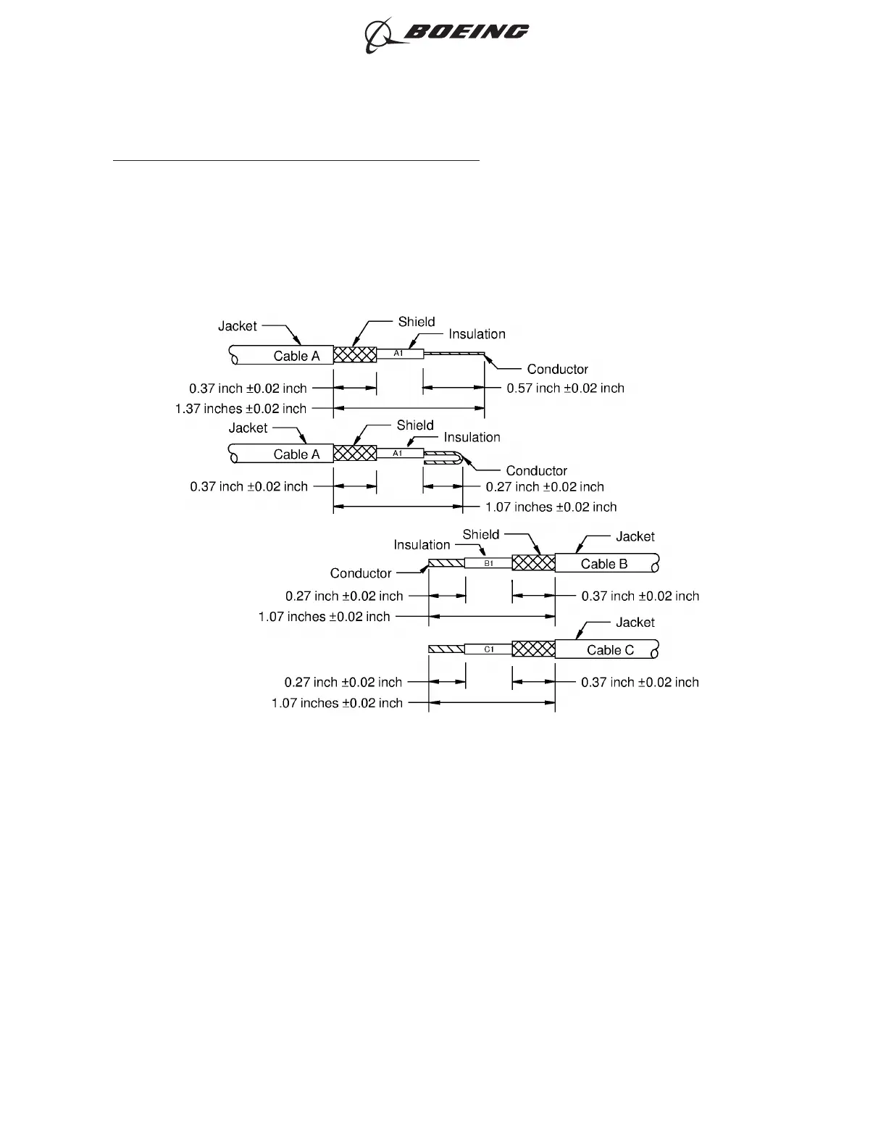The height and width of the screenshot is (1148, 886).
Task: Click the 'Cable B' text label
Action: pos(604,564)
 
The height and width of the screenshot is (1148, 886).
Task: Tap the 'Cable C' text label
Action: pos(610,650)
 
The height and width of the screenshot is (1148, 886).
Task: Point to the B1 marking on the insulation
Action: pos(488,563)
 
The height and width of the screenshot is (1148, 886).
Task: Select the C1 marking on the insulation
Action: pos(489,649)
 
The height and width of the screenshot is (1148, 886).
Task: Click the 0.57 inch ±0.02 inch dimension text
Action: pos(565,388)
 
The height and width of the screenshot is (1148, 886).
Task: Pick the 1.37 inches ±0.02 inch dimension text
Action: pos(241,409)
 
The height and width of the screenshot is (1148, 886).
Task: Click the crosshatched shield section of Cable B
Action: pos(533,563)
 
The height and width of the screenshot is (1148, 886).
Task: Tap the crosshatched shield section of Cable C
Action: pos(533,649)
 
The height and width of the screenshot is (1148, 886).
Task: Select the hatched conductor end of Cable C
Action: pos(446,649)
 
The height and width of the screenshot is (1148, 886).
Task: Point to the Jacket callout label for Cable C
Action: pos(635,623)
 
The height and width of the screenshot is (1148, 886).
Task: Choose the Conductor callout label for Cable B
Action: pos(361,573)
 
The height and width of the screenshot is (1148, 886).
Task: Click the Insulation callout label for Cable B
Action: pos(422,545)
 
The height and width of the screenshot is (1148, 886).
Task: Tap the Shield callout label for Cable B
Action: pos(481,535)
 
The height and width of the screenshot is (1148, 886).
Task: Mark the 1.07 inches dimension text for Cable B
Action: pos(324,617)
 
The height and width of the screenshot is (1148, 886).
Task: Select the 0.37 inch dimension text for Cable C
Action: pos(640,683)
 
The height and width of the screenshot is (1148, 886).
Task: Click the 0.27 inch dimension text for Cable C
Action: pos(343,683)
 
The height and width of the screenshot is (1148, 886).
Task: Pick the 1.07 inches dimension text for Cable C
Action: pos(337,703)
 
